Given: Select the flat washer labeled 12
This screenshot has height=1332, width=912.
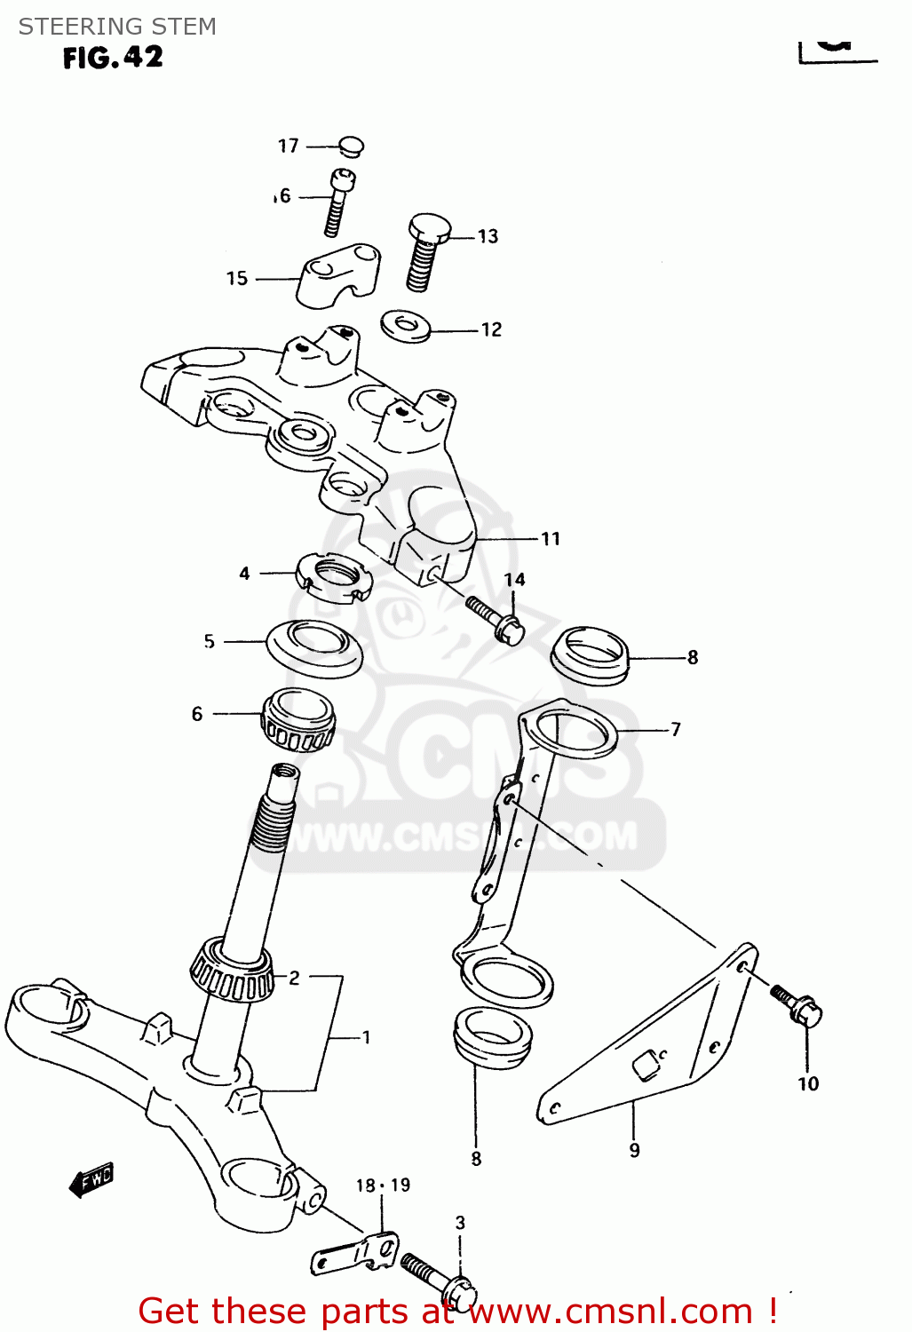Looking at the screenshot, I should (406, 325).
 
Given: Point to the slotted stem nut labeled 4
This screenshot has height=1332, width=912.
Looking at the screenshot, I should (331, 578).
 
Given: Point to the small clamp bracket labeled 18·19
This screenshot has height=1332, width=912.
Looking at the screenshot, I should (355, 1253).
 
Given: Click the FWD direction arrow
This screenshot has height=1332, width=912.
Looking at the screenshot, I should (91, 1180).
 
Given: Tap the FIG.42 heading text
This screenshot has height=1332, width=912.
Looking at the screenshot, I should (113, 58).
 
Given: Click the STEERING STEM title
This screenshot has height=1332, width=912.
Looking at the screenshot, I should (117, 27).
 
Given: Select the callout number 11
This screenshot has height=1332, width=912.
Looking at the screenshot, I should (551, 539).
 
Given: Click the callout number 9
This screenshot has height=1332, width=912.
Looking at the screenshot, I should (634, 1151).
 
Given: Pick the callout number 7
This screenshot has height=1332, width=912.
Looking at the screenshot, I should (676, 730).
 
